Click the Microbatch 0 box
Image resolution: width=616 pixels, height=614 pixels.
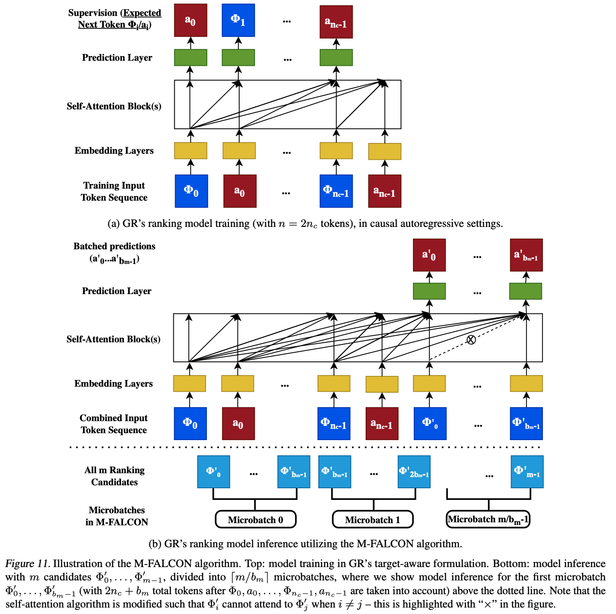pos(256,519)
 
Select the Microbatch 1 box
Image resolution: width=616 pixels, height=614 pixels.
pos(373,519)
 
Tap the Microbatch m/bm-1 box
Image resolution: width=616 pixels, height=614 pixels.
pos(488,519)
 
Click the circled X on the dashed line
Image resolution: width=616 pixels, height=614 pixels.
pos(471,340)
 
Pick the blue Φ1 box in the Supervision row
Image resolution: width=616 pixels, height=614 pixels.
pos(238,20)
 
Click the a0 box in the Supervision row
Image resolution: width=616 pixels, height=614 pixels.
pos(191,20)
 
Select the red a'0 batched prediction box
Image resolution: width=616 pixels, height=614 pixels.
pos(429,255)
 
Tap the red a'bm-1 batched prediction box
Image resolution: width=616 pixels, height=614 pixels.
pos(526,255)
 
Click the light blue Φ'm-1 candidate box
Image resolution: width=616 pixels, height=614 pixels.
pos(527,471)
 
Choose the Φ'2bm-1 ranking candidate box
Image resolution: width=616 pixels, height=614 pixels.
pos(414,471)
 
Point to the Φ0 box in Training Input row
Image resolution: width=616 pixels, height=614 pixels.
pos(191,191)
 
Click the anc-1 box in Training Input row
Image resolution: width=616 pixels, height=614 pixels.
pos(385,191)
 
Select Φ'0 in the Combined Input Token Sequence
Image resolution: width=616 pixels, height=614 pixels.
pos(430,423)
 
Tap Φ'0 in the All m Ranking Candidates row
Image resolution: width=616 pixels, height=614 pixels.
pos(213,471)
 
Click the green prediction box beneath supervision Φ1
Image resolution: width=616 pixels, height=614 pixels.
pos(238,58)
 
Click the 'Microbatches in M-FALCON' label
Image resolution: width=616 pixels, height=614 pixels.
pos(117,516)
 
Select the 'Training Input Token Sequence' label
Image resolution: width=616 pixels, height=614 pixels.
pos(114,191)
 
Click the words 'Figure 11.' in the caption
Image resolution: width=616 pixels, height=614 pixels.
pos(28,564)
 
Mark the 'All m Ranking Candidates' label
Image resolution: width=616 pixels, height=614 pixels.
pos(114,476)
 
